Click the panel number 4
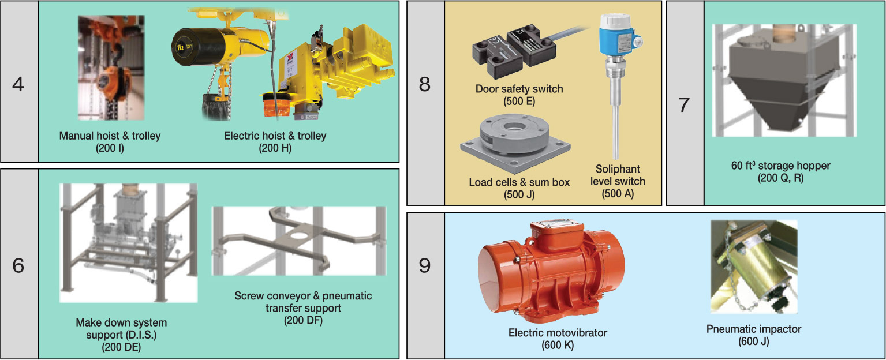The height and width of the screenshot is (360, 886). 18,84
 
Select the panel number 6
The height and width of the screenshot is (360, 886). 18,268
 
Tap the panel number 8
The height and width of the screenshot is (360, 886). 425,85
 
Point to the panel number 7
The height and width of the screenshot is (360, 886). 684,105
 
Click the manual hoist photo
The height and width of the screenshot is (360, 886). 111,67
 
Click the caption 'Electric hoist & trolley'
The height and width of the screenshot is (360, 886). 275,136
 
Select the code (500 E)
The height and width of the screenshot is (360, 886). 519,101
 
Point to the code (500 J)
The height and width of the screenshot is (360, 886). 519,194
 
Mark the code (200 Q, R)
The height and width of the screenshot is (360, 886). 780,178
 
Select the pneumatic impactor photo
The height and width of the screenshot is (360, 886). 753,267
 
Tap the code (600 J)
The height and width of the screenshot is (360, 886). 754,342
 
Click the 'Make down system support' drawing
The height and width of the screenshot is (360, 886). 128,242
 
